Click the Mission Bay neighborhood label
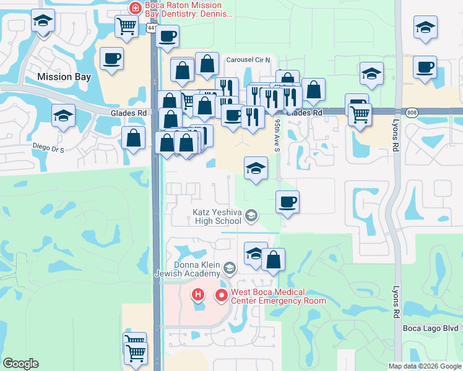tap(64, 77)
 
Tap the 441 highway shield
tap(152, 28)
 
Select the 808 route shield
tap(412, 113)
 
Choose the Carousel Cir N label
tap(253, 59)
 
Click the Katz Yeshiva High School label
tap(215, 216)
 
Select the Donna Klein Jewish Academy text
tap(193, 269)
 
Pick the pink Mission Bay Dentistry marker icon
tap(134, 8)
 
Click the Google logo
tap(20, 364)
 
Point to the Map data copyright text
tap(425, 366)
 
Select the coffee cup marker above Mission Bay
tap(111, 59)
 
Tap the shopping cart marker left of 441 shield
tap(127, 27)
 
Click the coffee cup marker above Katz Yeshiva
tap(287, 202)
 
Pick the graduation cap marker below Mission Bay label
tap(63, 116)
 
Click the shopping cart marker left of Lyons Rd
tap(359, 113)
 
